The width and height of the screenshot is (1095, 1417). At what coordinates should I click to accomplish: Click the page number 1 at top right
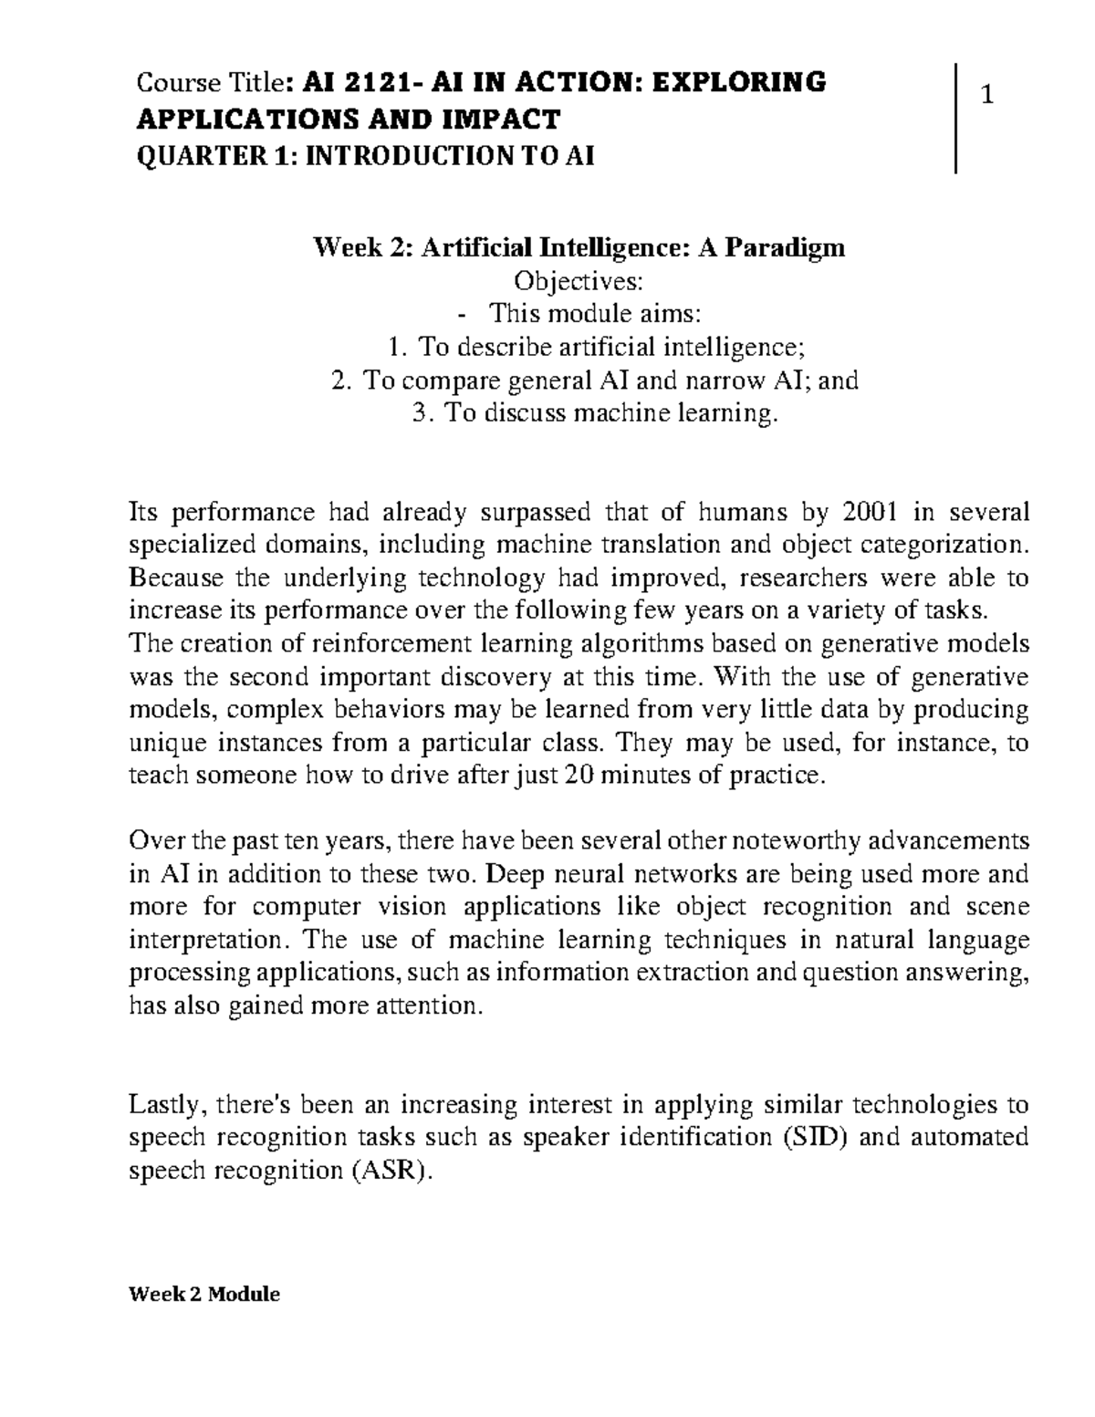985,94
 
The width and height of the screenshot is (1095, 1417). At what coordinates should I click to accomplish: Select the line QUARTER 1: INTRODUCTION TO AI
364,157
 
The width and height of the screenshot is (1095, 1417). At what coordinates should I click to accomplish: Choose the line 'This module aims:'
595,314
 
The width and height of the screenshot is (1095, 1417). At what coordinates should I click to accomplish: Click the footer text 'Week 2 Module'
205,1294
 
